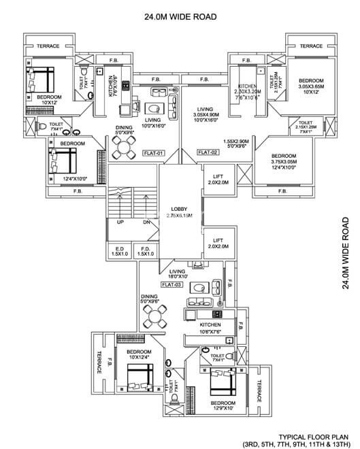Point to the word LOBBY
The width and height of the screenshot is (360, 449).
coord(180,209)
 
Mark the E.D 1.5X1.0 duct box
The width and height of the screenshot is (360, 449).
coord(120,251)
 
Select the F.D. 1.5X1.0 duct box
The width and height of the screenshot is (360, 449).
coord(145,251)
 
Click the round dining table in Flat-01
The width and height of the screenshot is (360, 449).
coord(125,146)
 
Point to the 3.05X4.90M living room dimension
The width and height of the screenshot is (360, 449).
coord(206,115)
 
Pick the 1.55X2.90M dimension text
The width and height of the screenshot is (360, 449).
coord(235,141)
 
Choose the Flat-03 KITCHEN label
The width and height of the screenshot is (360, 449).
coord(210,326)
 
